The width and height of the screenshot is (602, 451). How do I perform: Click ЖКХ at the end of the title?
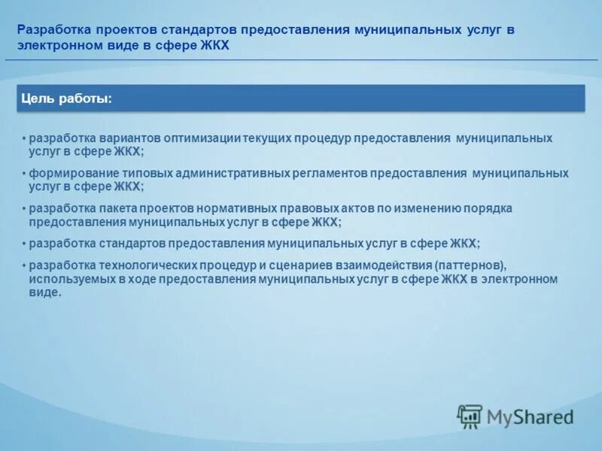tap(212, 46)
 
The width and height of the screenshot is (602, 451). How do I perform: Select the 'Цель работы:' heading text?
tap(66, 98)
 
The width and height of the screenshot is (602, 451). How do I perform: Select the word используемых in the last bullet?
tap(68, 279)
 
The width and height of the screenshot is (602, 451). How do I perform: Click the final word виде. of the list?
tap(45, 292)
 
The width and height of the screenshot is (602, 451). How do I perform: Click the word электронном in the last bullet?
tap(521, 279)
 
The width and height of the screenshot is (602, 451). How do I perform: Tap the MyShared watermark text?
tap(530, 416)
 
